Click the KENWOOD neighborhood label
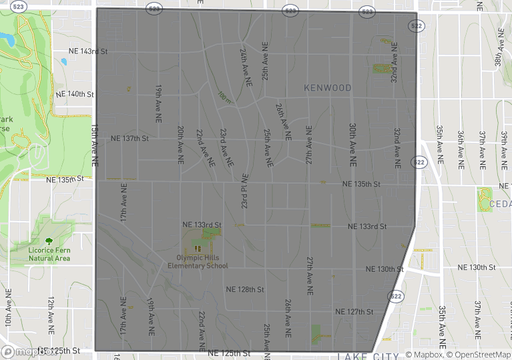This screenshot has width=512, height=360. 327,88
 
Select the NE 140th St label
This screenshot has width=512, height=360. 75,94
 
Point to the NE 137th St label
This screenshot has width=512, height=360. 130,139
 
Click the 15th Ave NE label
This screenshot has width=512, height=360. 95,146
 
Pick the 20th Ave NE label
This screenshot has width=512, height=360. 181,145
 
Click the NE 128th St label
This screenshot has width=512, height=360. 246,290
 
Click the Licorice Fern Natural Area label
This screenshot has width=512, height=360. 49,254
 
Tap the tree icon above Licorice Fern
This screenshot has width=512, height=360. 49,240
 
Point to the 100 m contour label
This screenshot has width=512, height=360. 225,98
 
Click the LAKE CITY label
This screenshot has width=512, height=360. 368,356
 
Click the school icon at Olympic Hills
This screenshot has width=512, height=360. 198,248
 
